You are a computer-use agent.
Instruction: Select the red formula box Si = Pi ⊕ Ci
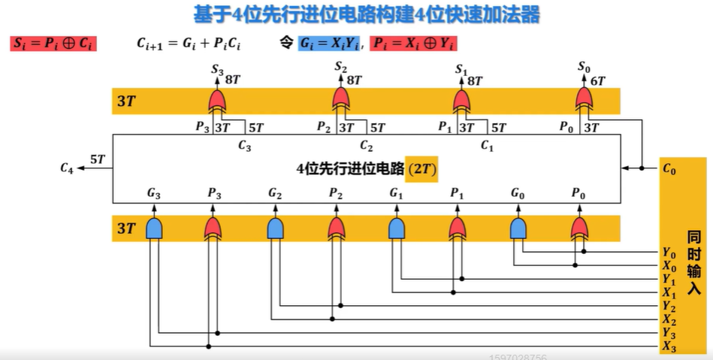click(x=53, y=44)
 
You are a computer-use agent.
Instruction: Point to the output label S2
click(x=340, y=68)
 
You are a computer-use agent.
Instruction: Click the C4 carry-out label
click(x=67, y=168)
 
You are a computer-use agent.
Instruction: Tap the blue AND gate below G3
click(x=154, y=228)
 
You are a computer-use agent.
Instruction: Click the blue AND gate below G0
click(x=518, y=228)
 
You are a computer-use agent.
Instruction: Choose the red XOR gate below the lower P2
click(x=336, y=228)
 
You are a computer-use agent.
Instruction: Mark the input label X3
click(x=669, y=346)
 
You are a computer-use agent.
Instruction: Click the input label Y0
click(x=668, y=253)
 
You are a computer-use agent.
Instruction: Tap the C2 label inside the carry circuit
click(x=366, y=146)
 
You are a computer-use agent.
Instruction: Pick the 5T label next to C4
click(x=98, y=159)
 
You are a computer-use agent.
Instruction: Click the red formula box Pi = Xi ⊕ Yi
click(x=414, y=44)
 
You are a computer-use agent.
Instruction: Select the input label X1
click(x=669, y=292)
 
